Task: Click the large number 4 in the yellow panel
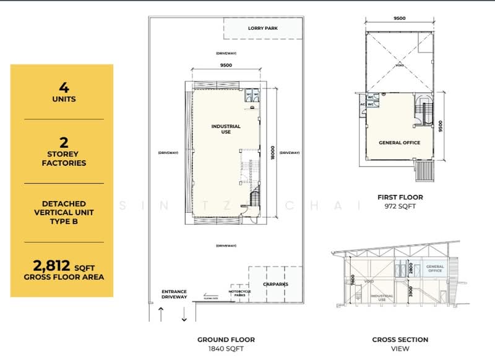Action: click(61, 86)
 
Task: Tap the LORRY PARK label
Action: click(262, 28)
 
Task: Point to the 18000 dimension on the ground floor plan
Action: click(273, 152)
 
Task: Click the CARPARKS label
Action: click(275, 285)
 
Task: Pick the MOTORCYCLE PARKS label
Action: click(239, 293)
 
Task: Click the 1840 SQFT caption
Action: click(226, 349)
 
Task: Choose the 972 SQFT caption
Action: click(400, 207)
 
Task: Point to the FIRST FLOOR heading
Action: click(400, 197)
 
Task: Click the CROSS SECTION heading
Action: click(400, 340)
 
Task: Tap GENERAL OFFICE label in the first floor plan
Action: click(399, 143)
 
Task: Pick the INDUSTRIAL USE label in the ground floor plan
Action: click(226, 129)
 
